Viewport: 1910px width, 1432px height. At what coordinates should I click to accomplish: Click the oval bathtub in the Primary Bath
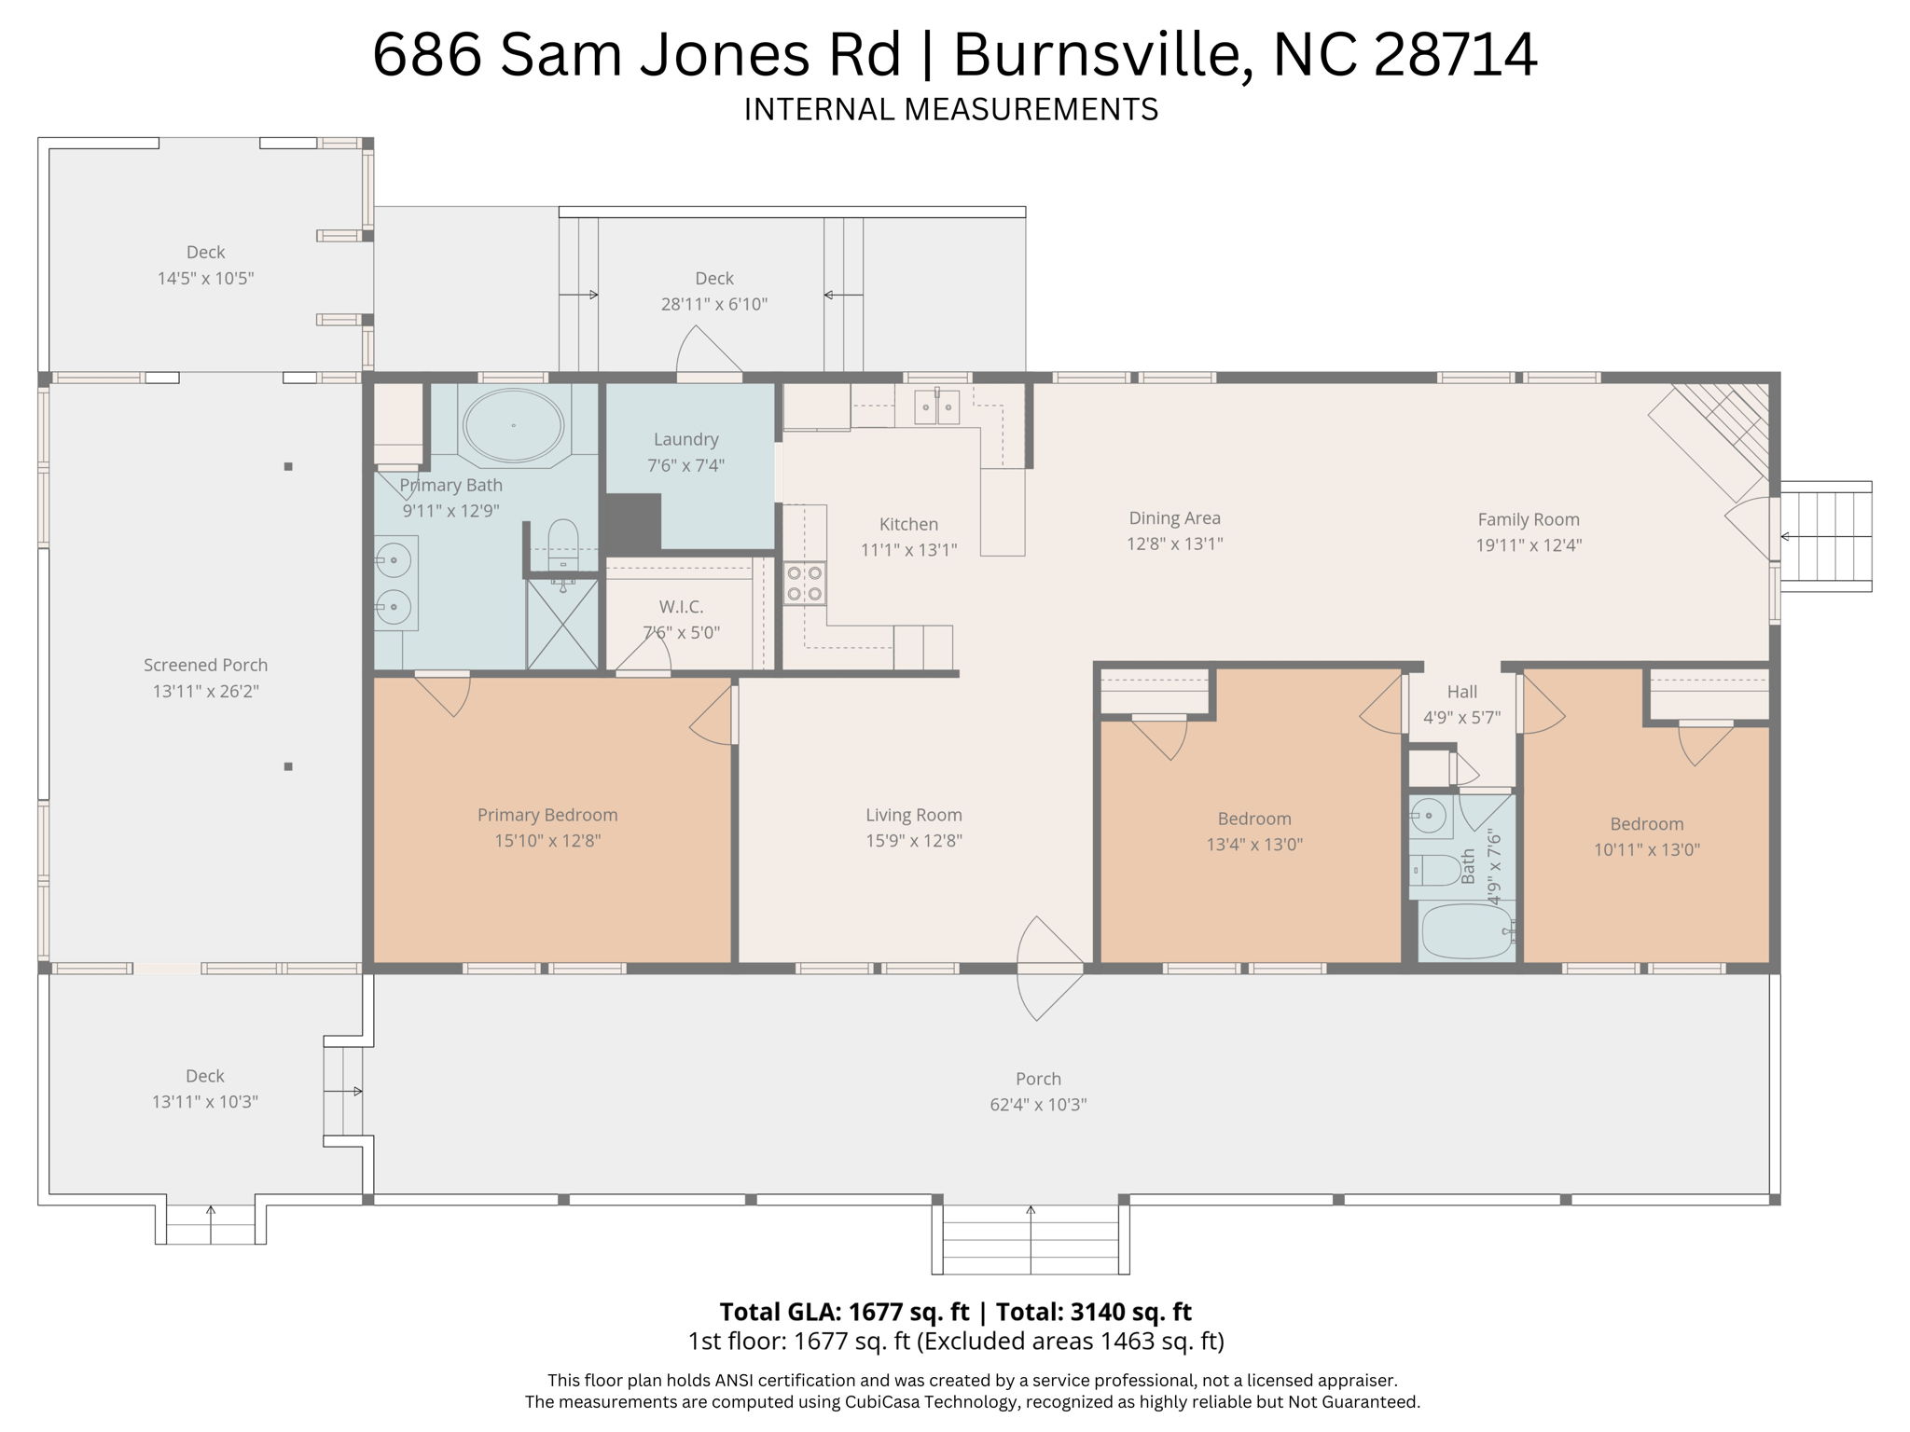(513, 426)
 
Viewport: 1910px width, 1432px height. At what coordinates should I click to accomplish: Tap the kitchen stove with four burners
(805, 584)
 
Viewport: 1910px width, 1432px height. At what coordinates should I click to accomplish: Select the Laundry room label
(685, 439)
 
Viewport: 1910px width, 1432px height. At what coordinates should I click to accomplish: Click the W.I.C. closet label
(681, 607)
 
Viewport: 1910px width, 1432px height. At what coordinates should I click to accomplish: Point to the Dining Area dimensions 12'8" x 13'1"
(1174, 544)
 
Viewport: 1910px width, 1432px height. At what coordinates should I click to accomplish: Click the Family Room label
(1529, 520)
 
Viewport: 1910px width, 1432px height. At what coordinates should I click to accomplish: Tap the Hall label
(1461, 692)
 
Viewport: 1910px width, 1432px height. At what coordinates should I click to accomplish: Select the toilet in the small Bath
(1434, 871)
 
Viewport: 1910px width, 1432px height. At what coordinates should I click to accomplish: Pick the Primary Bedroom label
(547, 815)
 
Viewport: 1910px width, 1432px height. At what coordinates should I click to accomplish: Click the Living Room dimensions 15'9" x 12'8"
(913, 841)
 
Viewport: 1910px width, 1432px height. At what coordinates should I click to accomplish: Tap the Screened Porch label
(205, 665)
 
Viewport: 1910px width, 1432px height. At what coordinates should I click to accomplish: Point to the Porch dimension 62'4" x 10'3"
(1038, 1105)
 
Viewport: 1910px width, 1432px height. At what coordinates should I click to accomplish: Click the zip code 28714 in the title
(1456, 54)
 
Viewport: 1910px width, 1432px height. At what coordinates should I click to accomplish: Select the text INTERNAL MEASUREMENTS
(950, 110)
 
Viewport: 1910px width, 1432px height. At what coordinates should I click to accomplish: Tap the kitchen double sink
(936, 406)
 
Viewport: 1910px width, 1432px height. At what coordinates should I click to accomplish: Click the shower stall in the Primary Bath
(562, 624)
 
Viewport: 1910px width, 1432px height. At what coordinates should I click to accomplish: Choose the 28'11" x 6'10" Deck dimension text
(714, 304)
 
